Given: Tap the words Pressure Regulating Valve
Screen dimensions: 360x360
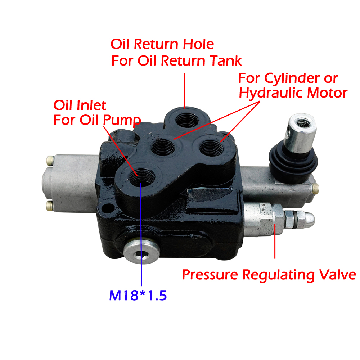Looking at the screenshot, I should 269,275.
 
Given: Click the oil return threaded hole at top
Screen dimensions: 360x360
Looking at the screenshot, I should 186,118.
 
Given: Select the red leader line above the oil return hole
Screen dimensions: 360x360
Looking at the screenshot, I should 185,90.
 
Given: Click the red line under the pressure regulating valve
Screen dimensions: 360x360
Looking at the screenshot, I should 275,241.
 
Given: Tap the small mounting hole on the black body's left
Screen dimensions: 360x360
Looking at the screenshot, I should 107,208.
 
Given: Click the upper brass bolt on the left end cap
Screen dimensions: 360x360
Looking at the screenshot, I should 49,159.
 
